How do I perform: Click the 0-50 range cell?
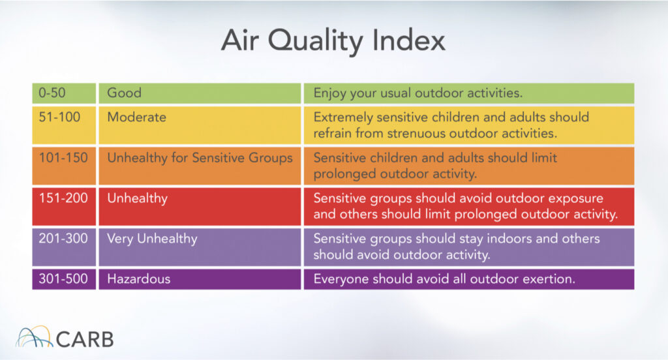point(64,93)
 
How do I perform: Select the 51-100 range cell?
point(64,125)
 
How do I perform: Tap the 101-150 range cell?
point(64,166)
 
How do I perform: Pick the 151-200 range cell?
point(64,206)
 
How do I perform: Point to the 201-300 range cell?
point(64,247)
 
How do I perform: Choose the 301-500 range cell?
point(64,279)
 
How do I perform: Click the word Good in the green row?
point(124,93)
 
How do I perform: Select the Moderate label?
point(137,117)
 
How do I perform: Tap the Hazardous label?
point(139,279)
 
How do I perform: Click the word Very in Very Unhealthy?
point(120,239)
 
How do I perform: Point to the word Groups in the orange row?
point(271,158)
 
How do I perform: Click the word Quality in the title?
point(314,41)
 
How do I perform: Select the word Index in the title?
point(408,40)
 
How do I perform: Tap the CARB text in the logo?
point(85,340)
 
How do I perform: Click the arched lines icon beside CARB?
point(34,337)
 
